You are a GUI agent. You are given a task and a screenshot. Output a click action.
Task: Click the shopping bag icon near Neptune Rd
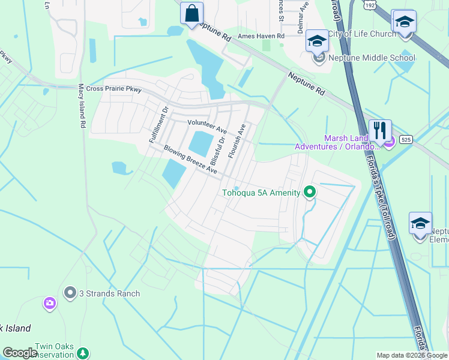click(191, 13)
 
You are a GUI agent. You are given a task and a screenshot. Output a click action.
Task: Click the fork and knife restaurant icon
click(380, 130)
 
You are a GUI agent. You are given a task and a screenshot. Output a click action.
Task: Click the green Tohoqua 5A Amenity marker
click(310, 193)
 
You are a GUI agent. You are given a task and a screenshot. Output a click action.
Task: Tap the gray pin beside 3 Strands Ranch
click(70, 293)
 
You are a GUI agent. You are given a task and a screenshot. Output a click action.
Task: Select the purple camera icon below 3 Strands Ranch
click(50, 304)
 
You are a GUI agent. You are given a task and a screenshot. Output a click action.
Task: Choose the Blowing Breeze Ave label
click(190, 160)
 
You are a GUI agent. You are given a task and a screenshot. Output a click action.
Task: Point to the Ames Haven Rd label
click(261, 36)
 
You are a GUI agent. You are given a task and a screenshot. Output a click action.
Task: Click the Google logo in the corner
click(20, 352)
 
